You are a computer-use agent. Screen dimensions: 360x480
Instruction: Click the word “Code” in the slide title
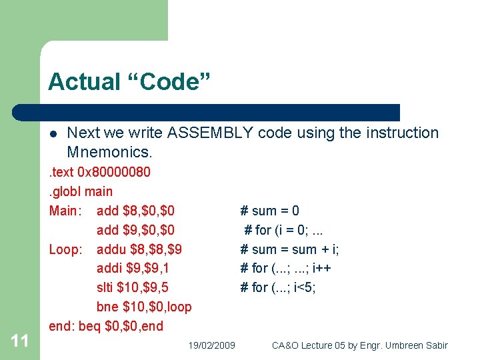click(x=167, y=82)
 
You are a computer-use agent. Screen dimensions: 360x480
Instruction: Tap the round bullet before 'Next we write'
click(x=54, y=133)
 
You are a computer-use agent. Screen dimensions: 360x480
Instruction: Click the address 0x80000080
click(x=113, y=172)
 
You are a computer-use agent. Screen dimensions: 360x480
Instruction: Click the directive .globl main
click(x=81, y=191)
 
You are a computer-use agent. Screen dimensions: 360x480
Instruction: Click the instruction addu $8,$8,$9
click(x=139, y=249)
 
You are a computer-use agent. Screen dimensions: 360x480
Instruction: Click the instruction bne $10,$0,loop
click(x=144, y=307)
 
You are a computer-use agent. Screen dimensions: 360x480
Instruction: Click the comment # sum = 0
click(x=269, y=211)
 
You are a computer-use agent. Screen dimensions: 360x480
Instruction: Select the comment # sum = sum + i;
click(x=289, y=249)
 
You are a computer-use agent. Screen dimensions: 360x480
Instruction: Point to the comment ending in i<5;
click(x=278, y=287)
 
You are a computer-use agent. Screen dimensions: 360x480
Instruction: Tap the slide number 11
click(x=20, y=341)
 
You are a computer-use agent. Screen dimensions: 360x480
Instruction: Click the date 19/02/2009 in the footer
click(x=211, y=345)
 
